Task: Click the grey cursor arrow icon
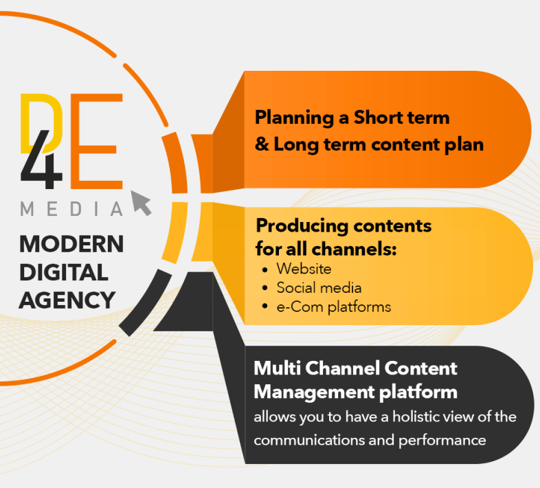pos(141,203)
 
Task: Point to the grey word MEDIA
pos(71,208)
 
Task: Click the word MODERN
pos(71,244)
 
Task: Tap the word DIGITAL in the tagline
pos(63,272)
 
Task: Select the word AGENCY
pos(67,300)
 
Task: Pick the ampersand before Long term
pos(261,145)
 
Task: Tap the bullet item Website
pos(304,268)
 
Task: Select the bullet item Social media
pos(319,287)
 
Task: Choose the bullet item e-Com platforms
pos(333,307)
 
